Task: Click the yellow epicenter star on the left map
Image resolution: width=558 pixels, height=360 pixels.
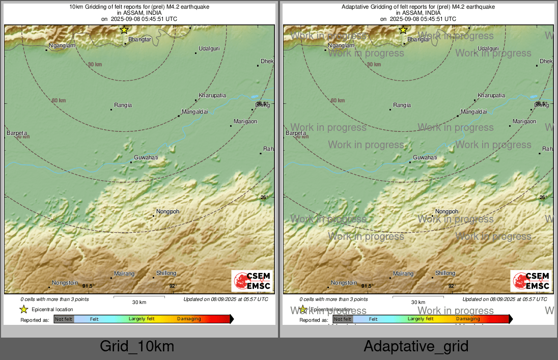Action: click(124, 30)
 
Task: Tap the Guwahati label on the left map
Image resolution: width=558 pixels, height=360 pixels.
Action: click(146, 158)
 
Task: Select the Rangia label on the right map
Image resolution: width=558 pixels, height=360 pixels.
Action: click(402, 105)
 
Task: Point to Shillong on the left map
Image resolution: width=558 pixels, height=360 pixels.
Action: click(166, 273)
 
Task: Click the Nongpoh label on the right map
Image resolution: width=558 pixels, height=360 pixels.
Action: click(447, 211)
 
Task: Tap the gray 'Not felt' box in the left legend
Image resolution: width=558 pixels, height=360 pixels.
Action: click(64, 319)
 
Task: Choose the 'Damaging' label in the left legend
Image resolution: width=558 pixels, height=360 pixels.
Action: click(189, 319)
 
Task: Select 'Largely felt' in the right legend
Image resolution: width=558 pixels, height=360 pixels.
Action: click(421, 319)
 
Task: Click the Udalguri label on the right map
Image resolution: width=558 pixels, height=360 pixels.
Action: click(488, 48)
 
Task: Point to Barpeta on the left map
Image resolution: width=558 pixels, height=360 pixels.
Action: click(17, 133)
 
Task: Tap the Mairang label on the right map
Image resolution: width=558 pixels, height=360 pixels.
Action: click(403, 274)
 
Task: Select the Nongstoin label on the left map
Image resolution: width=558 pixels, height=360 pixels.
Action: click(65, 283)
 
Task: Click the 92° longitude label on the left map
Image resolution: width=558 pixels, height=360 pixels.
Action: click(173, 286)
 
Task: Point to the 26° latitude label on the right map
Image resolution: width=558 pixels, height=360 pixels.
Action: click(543, 198)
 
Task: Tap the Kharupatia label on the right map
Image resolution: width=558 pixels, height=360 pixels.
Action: click(491, 95)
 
